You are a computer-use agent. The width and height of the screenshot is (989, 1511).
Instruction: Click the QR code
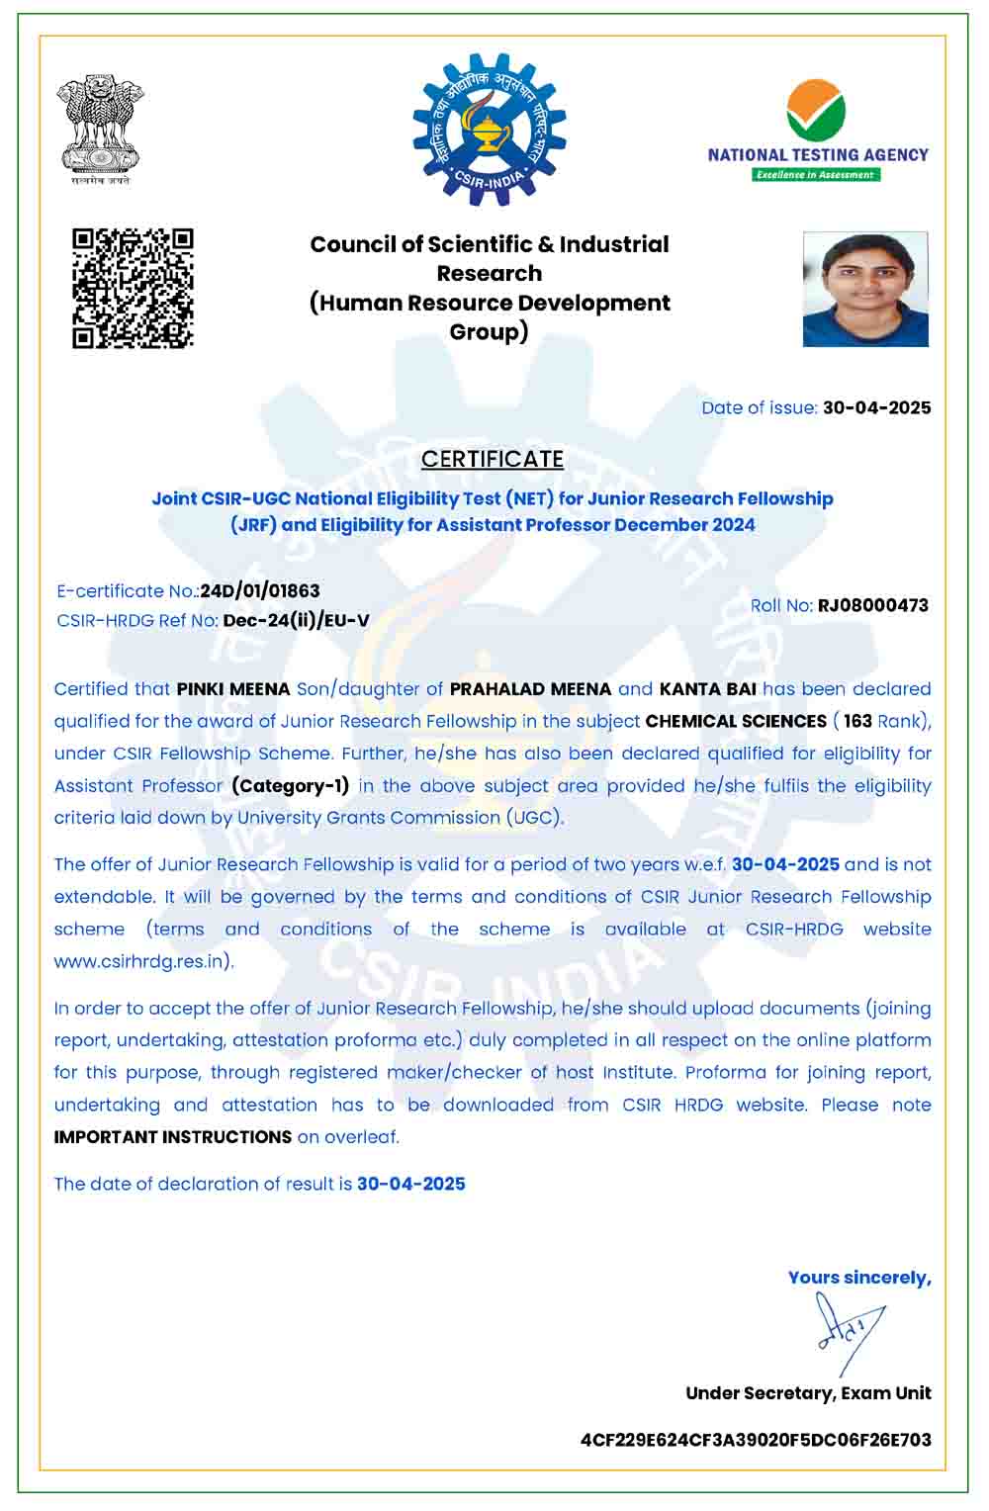[133, 288]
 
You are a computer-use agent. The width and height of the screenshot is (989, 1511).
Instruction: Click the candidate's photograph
[865, 289]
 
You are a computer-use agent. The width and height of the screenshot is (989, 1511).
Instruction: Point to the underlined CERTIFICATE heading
[493, 459]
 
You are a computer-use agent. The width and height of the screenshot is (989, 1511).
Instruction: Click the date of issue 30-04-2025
[876, 407]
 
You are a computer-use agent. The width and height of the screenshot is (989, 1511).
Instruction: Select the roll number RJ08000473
[872, 605]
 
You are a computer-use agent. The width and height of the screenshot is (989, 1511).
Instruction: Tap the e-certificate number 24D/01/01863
[260, 591]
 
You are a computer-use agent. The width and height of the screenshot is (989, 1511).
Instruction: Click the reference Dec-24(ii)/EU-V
[296, 621]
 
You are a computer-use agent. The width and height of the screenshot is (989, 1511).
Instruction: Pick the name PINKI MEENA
[233, 689]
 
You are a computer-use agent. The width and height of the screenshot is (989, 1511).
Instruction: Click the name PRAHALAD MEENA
[530, 689]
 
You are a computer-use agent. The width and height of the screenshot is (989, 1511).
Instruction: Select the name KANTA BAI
[707, 689]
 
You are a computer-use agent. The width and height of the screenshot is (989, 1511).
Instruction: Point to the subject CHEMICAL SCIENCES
[736, 721]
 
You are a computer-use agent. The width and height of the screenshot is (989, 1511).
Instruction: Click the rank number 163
[857, 721]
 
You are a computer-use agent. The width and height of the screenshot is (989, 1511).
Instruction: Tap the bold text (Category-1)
[290, 786]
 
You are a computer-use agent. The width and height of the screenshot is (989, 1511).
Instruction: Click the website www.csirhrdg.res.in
[142, 961]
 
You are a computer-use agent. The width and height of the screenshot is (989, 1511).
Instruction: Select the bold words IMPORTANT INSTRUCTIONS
[173, 1137]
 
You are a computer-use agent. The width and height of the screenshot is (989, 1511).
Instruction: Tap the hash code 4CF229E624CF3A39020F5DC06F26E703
[756, 1440]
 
